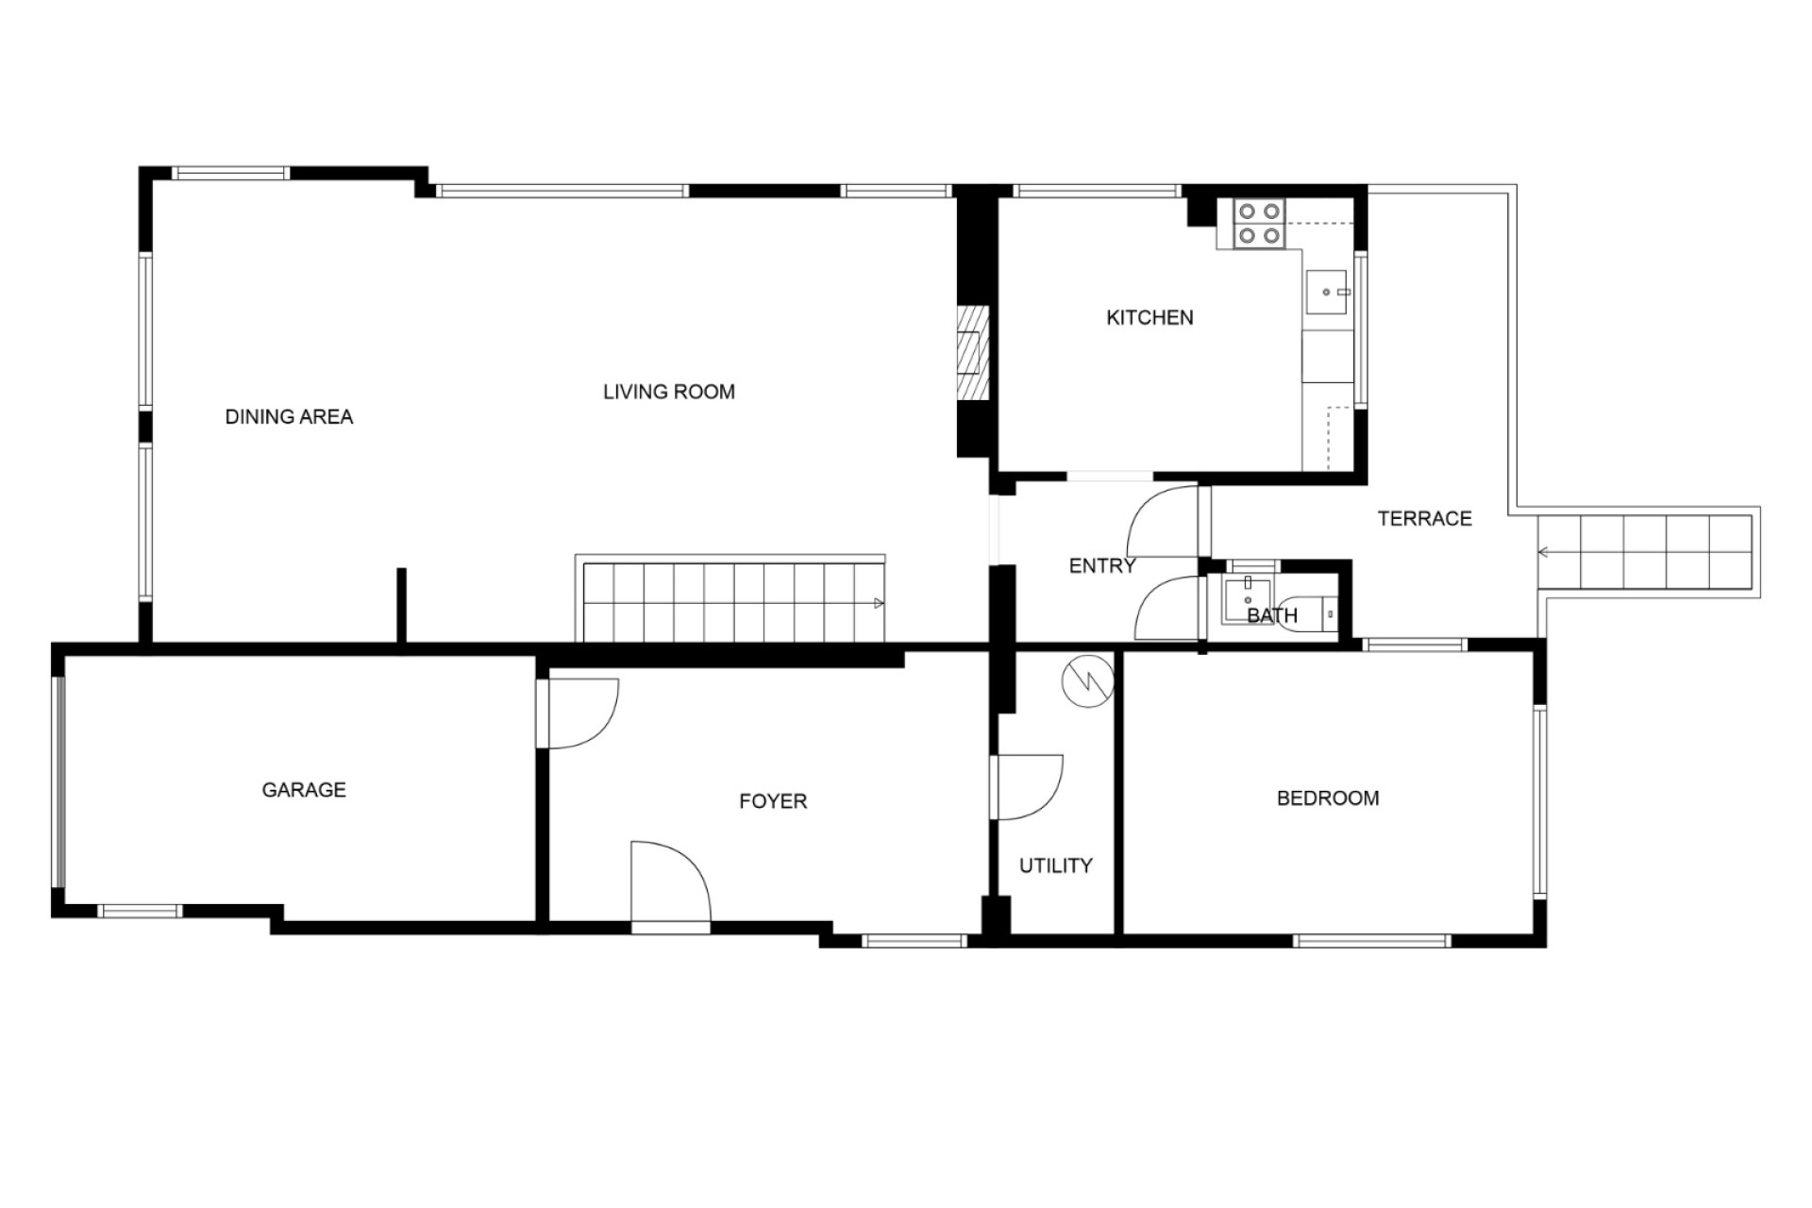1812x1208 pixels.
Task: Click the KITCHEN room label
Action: pos(1149,318)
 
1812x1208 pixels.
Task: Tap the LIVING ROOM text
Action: pos(669,392)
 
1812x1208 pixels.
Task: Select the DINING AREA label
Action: pos(289,416)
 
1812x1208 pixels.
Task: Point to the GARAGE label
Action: pos(304,790)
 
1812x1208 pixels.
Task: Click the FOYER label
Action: pos(773,801)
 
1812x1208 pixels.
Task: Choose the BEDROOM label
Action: pos(1328,798)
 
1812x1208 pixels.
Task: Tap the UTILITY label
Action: pos(1056,865)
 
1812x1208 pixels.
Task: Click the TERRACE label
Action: pos(1425,518)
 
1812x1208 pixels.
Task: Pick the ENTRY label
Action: pos(1102,566)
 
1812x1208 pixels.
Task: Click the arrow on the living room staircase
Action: pos(879,603)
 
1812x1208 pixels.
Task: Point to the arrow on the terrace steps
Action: pos(1544,552)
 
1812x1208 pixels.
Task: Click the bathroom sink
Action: pos(1248,599)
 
